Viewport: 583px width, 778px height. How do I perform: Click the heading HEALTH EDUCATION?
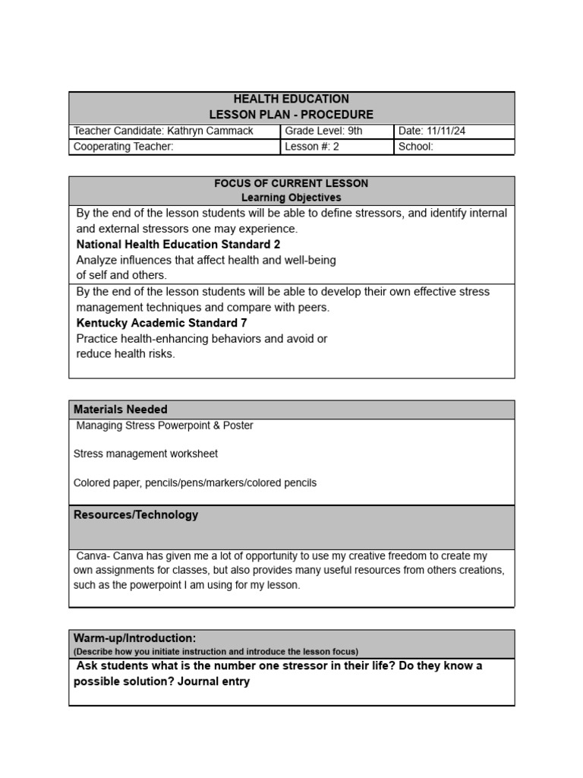(291, 99)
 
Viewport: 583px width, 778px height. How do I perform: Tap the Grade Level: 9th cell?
(324, 131)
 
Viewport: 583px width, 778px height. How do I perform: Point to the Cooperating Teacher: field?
(124, 147)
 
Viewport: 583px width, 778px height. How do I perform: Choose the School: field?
(416, 147)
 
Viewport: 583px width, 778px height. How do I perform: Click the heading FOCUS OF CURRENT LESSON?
(291, 183)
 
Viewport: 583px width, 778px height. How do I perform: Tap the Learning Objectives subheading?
(291, 198)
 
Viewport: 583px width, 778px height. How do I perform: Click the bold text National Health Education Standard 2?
(178, 245)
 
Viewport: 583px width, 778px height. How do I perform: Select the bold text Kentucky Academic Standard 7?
(162, 323)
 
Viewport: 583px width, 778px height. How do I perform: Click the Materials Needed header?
(121, 410)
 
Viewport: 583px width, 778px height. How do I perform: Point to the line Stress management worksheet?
(146, 454)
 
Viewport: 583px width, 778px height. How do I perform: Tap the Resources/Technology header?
(136, 514)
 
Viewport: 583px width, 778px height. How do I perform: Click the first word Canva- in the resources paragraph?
(93, 556)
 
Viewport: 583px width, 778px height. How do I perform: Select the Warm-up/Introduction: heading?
(135, 637)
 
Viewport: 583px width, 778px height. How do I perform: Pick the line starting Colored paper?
(195, 482)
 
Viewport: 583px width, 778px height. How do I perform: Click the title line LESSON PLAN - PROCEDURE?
(291, 115)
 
